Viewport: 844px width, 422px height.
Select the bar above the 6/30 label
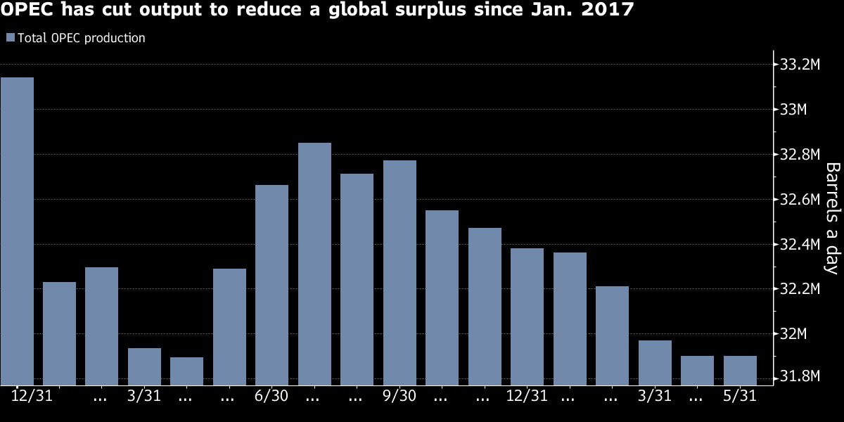[x=272, y=285]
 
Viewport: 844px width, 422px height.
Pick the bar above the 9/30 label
[x=399, y=273]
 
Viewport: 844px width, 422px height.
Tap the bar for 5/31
[x=740, y=370]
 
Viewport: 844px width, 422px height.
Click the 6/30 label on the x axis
[x=271, y=397]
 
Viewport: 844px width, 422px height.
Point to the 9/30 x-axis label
[x=399, y=397]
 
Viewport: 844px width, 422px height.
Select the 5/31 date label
[x=740, y=397]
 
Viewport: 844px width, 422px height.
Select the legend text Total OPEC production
[x=81, y=38]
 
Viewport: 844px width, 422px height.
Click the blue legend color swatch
[x=9, y=38]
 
